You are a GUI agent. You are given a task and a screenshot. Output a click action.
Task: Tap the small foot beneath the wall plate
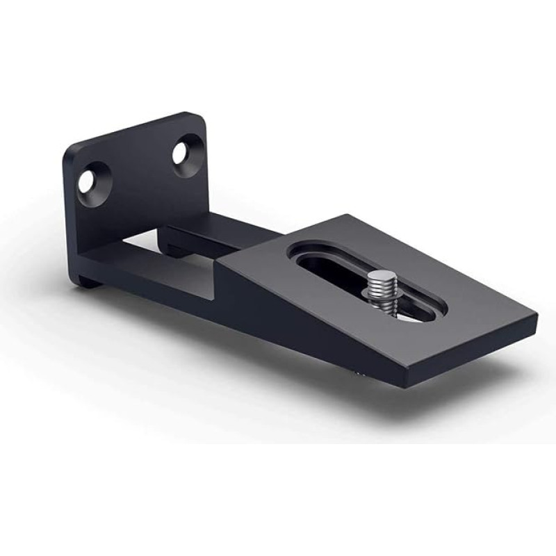click(x=86, y=281)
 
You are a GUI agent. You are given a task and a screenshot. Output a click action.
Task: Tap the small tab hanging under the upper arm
click(x=171, y=247)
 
